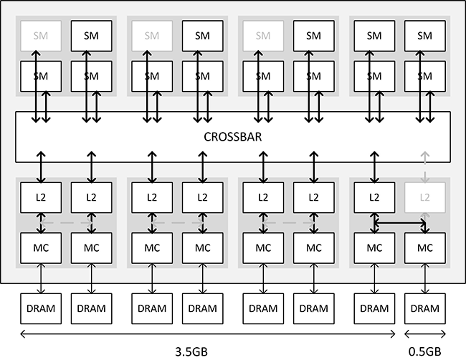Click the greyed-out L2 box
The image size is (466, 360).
click(424, 196)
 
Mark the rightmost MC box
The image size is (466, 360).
click(424, 247)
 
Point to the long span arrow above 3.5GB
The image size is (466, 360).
click(208, 333)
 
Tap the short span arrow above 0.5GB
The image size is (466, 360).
click(424, 333)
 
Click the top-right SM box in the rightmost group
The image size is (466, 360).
click(424, 35)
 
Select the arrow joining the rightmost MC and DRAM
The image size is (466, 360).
click(424, 278)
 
